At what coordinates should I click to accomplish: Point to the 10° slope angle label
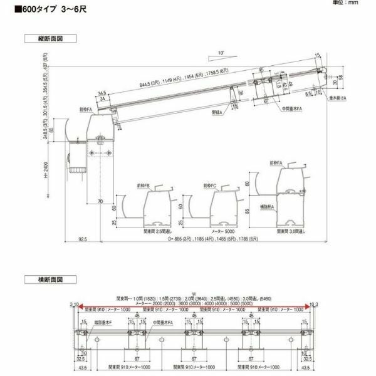point(220,53)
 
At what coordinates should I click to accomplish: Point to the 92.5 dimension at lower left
point(83,239)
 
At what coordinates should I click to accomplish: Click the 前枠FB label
point(142,185)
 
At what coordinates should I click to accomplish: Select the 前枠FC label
point(211,185)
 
